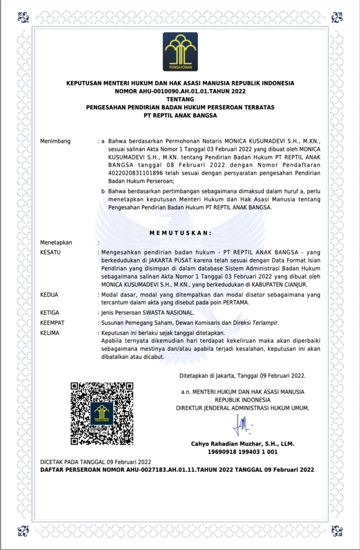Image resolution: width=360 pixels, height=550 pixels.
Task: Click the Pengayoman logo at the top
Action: coord(180,52)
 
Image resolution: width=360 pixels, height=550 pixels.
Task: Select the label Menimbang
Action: coord(55,141)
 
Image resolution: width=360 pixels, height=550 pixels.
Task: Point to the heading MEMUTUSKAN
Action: coord(180,233)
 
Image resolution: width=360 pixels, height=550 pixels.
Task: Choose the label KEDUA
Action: coord(49,295)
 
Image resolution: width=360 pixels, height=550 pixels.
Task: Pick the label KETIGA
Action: coord(50,312)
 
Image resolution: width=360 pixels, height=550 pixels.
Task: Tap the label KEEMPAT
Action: coord(52,323)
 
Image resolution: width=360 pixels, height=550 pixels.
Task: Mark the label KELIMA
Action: coord(50,333)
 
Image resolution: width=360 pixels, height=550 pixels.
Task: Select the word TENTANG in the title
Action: coord(180,99)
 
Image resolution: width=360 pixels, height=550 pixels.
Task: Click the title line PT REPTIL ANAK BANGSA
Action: coord(180,115)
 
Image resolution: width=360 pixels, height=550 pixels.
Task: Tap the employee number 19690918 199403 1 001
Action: coord(242,452)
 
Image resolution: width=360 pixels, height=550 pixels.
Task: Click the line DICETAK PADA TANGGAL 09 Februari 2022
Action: coord(96,461)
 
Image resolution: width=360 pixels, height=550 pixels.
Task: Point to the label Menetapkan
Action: coord(56,242)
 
